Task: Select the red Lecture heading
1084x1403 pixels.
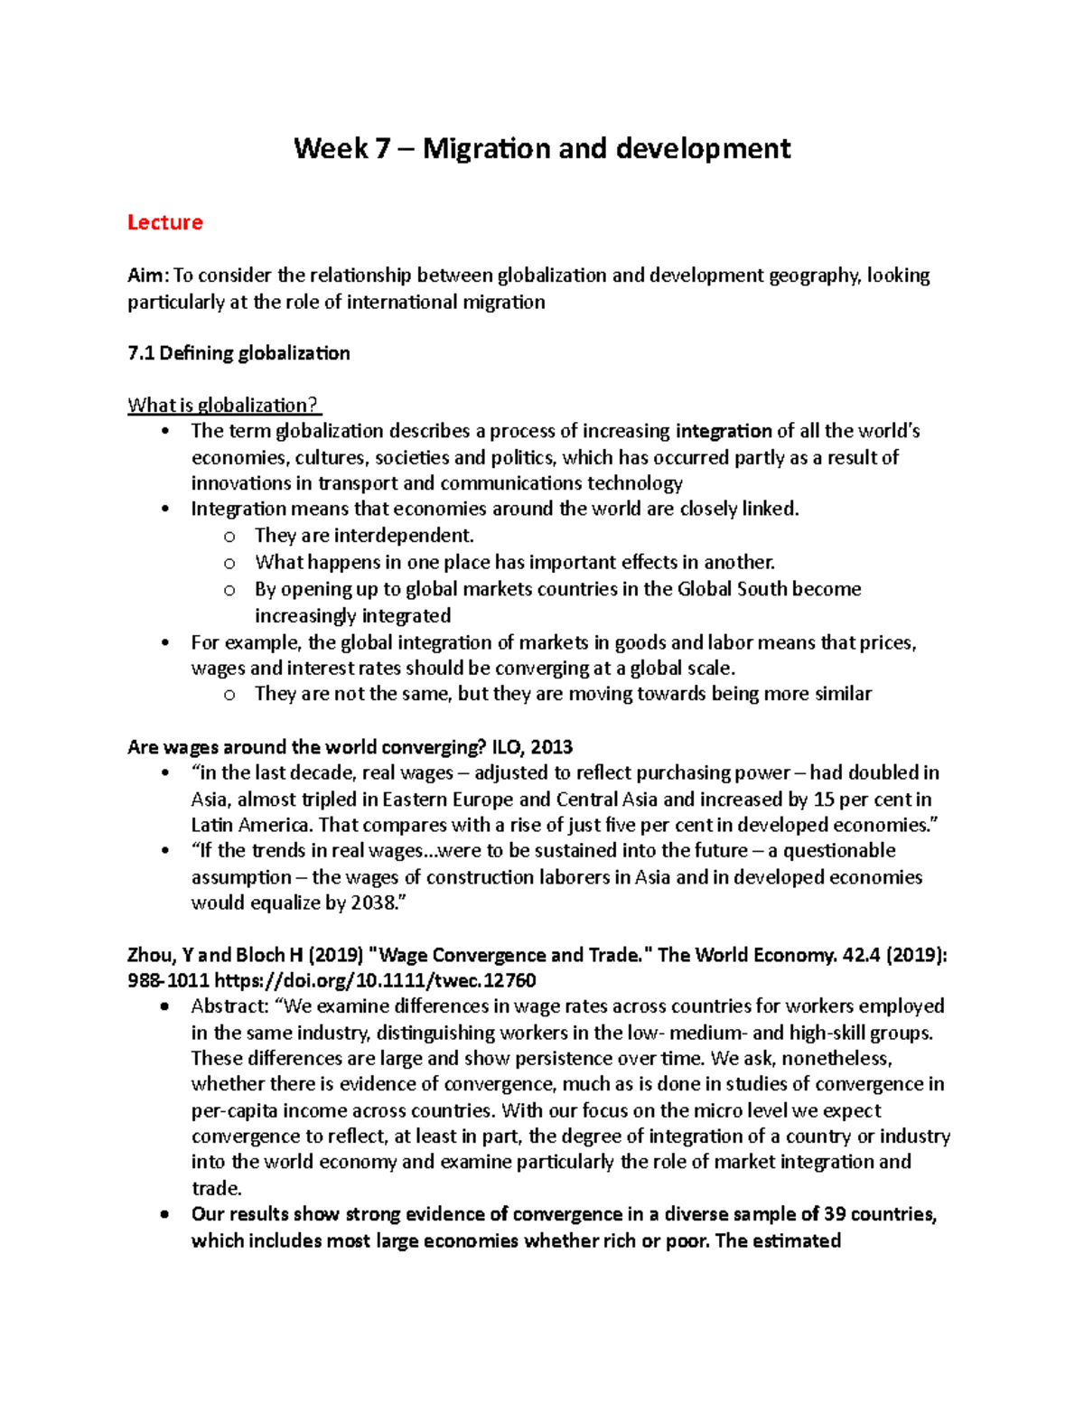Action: (164, 222)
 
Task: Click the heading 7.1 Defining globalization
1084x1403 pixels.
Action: (238, 353)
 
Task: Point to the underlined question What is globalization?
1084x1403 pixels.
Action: (224, 405)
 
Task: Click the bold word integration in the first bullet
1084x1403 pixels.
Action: (724, 431)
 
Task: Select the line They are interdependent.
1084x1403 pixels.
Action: (364, 536)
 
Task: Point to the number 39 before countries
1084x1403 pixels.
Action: (834, 1214)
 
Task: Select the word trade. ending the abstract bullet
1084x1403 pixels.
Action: (216, 1188)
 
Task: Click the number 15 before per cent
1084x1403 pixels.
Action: (823, 800)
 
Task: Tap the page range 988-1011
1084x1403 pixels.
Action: (168, 980)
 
